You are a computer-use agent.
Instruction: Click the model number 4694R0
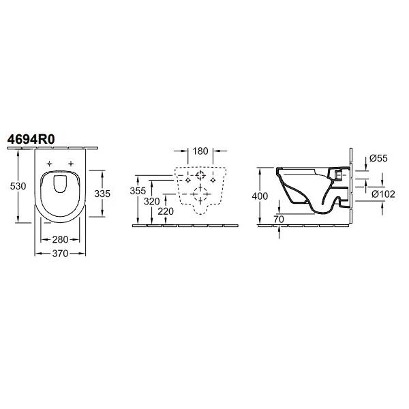click(31, 140)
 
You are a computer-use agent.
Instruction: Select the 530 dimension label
click(18, 186)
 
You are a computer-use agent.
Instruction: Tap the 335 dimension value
click(102, 194)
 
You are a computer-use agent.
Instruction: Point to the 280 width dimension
click(60, 239)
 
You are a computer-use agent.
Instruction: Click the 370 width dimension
click(60, 254)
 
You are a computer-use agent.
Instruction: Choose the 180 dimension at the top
click(200, 151)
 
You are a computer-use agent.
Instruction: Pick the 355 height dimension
click(138, 191)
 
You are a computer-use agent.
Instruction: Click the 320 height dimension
click(152, 201)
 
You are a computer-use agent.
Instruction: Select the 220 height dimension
click(166, 211)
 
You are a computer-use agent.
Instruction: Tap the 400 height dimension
click(260, 196)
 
